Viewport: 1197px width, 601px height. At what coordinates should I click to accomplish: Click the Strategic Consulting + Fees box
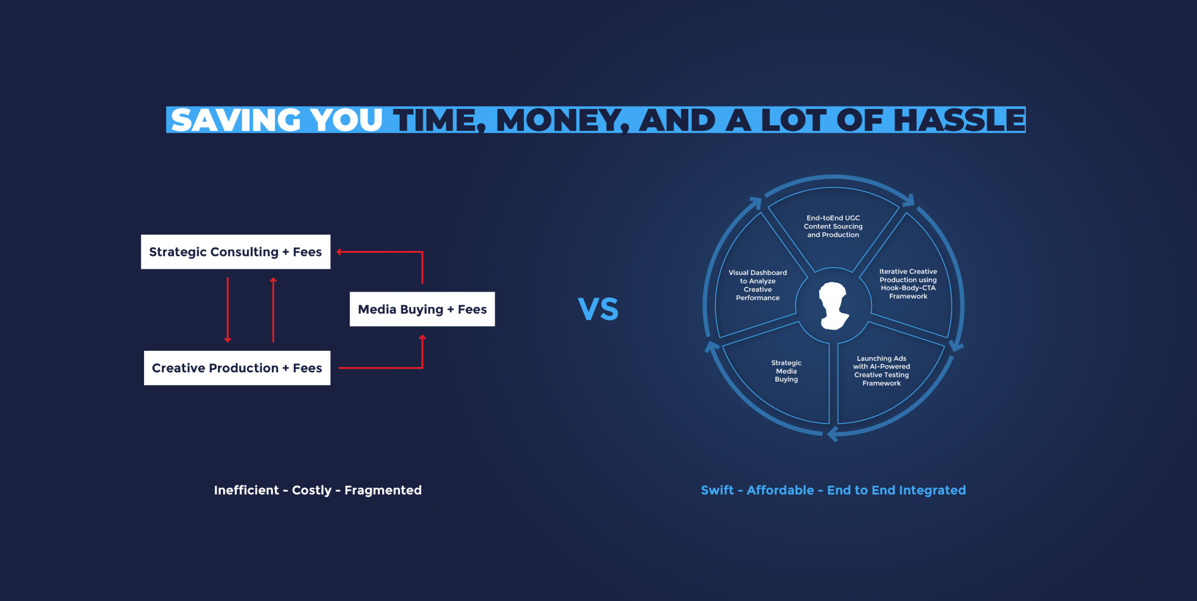click(236, 252)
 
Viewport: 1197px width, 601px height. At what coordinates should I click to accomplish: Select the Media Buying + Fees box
click(422, 309)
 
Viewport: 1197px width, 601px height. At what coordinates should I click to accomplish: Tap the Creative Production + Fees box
click(237, 368)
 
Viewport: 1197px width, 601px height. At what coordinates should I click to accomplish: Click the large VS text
click(598, 309)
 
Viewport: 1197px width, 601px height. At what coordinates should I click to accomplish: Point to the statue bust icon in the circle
click(833, 306)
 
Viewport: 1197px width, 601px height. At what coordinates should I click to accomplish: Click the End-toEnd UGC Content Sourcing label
click(833, 226)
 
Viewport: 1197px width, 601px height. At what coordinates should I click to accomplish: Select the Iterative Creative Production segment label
click(908, 283)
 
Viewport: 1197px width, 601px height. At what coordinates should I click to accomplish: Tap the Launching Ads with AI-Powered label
click(881, 370)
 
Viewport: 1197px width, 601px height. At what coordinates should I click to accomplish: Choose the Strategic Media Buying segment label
click(786, 371)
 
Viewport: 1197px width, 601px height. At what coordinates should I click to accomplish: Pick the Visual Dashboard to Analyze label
click(757, 285)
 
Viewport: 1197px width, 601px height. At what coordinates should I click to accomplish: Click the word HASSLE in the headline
click(959, 120)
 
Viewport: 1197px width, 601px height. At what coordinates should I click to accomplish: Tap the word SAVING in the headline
click(236, 120)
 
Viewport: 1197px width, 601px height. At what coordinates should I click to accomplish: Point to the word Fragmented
click(383, 490)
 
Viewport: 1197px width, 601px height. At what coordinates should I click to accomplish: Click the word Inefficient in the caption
click(246, 490)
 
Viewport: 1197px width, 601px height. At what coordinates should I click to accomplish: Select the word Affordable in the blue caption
click(780, 490)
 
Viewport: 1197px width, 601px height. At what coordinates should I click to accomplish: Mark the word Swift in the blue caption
click(717, 490)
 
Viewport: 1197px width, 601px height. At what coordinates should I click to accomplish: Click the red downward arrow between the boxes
click(228, 310)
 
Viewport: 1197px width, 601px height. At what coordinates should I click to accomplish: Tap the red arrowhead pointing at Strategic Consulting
click(339, 252)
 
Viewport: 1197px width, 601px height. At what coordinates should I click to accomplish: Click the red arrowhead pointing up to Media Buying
click(422, 338)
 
